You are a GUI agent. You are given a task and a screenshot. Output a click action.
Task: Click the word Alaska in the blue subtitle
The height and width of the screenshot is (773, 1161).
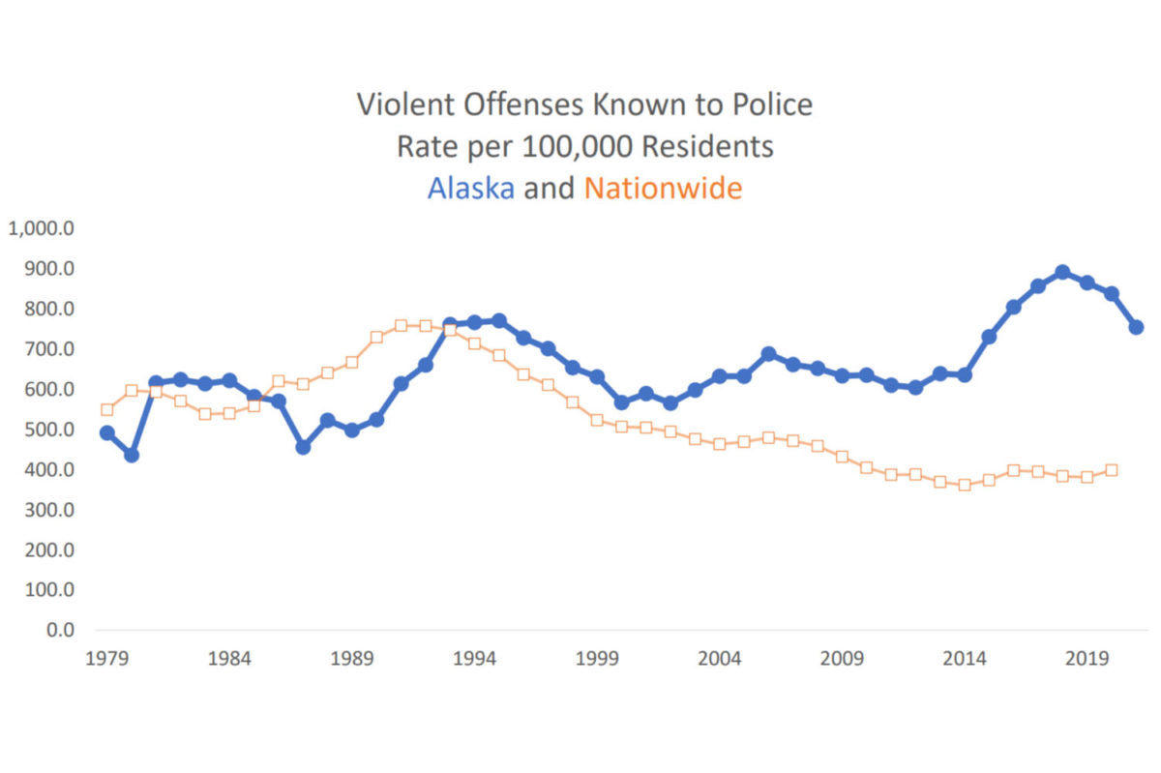click(x=470, y=188)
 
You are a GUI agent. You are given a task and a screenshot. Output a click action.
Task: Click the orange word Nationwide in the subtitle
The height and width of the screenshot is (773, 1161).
click(x=663, y=188)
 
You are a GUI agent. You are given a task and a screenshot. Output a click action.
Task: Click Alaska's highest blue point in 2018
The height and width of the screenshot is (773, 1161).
click(x=1062, y=273)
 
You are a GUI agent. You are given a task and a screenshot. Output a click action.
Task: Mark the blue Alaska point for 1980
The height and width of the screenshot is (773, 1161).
click(x=131, y=455)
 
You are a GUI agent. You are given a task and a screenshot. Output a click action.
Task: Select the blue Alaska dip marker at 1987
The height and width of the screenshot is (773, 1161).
click(x=303, y=447)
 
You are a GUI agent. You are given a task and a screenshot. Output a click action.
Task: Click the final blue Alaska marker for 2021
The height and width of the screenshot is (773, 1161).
click(x=1136, y=327)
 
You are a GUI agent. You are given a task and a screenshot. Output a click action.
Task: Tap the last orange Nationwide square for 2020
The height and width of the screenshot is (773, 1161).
click(x=1112, y=470)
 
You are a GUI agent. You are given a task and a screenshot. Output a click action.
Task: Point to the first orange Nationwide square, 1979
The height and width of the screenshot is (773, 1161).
click(x=106, y=409)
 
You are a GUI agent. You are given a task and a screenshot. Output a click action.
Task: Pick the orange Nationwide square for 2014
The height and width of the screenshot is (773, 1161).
click(x=965, y=485)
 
